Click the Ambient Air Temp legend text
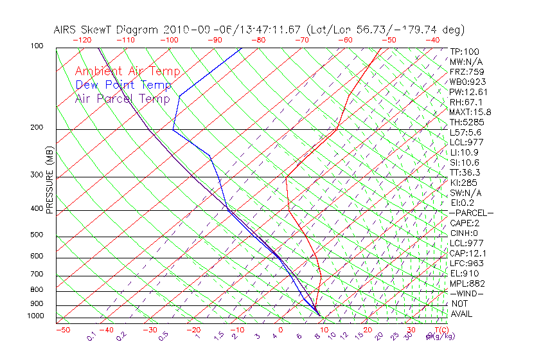point(127,71)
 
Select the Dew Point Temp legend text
point(123,85)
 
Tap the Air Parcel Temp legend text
point(122,98)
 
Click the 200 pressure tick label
point(37,128)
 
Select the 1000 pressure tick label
point(35,316)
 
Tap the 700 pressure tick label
point(37,274)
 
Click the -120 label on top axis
point(82,40)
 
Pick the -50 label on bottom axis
point(62,330)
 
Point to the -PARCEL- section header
point(471,213)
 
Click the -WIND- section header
point(466,293)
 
